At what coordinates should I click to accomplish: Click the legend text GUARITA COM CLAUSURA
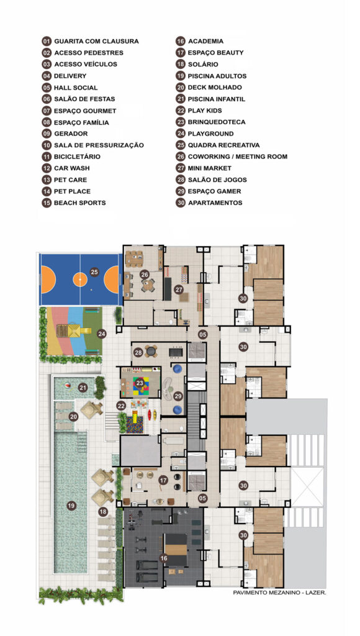[96, 41]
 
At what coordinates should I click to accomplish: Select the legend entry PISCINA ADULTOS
[217, 76]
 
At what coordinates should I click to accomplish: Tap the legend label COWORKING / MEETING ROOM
[238, 157]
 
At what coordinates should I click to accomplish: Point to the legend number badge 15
[47, 203]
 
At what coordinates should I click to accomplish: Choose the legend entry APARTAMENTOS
[215, 203]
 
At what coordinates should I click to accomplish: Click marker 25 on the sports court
[94, 272]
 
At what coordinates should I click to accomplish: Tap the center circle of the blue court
[80, 279]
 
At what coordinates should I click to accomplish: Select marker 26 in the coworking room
[145, 275]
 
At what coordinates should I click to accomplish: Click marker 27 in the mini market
[179, 289]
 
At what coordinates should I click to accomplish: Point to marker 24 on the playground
[102, 334]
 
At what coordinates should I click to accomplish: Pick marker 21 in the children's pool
[83, 388]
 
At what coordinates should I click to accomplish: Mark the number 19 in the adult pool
[71, 506]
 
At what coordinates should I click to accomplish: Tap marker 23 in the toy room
[140, 383]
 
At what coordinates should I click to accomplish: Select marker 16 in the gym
[164, 558]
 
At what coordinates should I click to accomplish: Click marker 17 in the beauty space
[163, 481]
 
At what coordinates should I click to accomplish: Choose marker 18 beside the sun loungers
[103, 512]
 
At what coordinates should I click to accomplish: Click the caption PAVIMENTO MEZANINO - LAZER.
[279, 593]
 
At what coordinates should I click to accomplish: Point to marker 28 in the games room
[138, 353]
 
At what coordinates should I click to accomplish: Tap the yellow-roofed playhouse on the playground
[74, 330]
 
